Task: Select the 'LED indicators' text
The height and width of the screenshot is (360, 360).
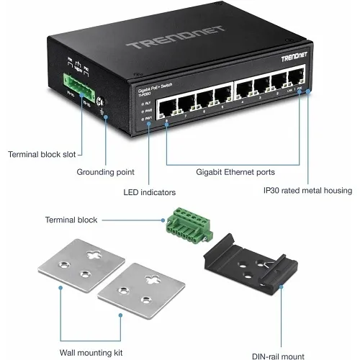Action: pos(149,192)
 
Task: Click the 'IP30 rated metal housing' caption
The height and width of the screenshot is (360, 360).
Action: pos(307,191)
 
